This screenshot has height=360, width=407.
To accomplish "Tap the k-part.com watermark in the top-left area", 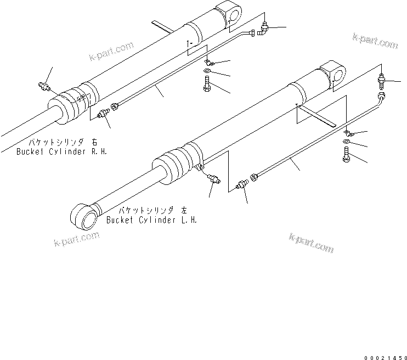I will pyautogui.click(x=111, y=53).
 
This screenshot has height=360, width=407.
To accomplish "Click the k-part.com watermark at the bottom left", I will pyautogui.click(x=77, y=239).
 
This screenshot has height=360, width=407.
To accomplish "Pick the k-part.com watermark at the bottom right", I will pyautogui.click(x=311, y=243).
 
